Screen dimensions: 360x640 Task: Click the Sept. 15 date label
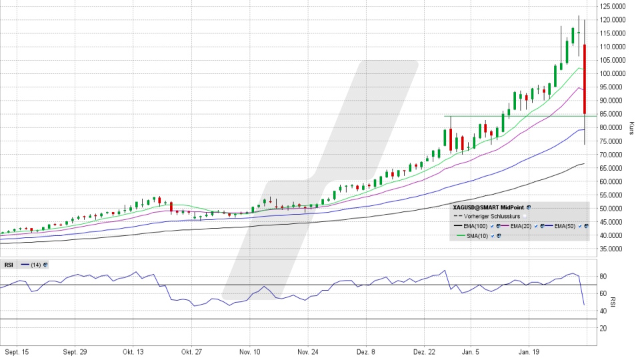coord(18,351)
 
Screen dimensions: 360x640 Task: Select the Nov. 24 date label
coord(309,351)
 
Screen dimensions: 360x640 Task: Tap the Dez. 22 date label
coord(425,351)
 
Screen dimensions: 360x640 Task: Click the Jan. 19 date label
coord(529,351)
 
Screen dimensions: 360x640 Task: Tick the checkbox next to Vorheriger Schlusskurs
coord(525,217)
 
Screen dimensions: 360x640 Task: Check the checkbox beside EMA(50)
coord(579,227)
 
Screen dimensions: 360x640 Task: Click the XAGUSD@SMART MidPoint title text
coord(488,207)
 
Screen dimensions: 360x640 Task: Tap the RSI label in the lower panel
coord(9,265)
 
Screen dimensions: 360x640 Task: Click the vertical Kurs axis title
coord(631,128)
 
